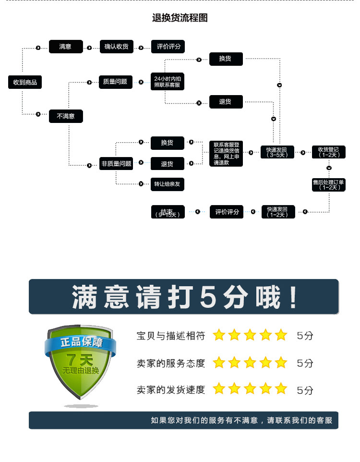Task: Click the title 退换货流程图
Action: pyautogui.click(x=180, y=18)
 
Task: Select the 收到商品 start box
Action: pyautogui.click(x=25, y=82)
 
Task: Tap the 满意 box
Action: pyautogui.click(x=65, y=47)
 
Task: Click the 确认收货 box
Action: pyautogui.click(x=117, y=47)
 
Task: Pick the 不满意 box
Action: pyautogui.click(x=66, y=116)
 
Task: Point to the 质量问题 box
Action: pyautogui.click(x=115, y=82)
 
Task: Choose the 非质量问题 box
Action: pyautogui.click(x=116, y=164)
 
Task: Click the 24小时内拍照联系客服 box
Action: pyautogui.click(x=168, y=82)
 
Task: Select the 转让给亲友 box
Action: pyautogui.click(x=168, y=184)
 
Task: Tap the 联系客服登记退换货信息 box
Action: pyautogui.click(x=226, y=153)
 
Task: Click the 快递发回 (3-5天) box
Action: pyautogui.click(x=277, y=152)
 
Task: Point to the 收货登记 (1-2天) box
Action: pyautogui.click(x=328, y=152)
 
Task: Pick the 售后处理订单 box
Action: pyautogui.click(x=328, y=184)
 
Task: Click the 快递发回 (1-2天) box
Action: pyautogui.click(x=277, y=212)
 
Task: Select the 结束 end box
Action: pyautogui.click(x=168, y=212)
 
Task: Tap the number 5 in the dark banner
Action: pyautogui.click(x=210, y=296)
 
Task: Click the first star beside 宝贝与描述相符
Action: pyautogui.click(x=219, y=335)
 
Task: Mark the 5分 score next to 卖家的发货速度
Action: pyautogui.click(x=305, y=390)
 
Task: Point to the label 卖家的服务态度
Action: pyautogui.click(x=170, y=363)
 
